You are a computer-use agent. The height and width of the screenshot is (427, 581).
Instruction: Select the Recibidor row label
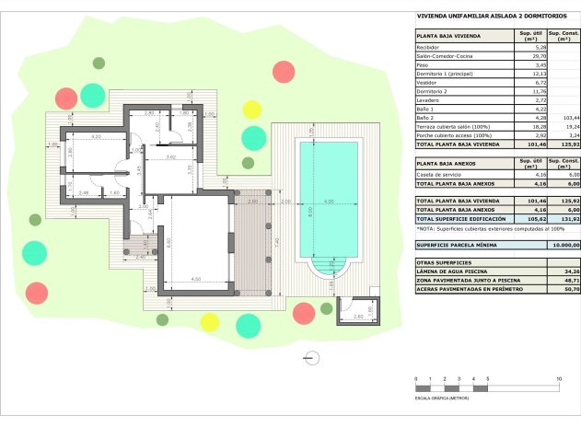[x=427, y=47]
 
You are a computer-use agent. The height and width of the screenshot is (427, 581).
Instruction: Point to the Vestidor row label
[x=426, y=83]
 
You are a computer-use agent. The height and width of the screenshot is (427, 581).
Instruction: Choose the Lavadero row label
[x=427, y=100]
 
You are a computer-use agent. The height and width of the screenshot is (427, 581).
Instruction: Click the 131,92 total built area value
[x=568, y=219]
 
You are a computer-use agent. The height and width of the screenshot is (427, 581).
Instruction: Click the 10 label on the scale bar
[x=558, y=379]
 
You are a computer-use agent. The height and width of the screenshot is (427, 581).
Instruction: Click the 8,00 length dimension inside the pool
[x=311, y=210]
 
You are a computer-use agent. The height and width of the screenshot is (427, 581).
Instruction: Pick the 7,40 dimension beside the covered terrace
[x=277, y=242]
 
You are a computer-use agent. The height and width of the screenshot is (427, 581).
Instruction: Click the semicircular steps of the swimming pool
[x=329, y=267]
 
